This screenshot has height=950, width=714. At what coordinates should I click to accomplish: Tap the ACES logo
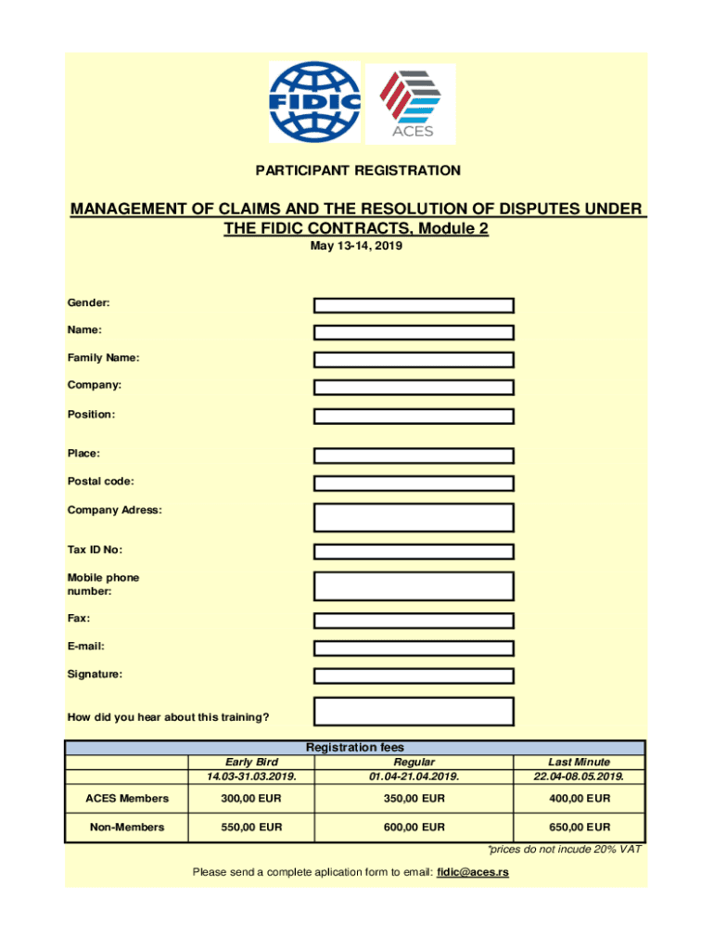pos(412,104)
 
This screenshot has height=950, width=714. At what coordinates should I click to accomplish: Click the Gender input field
pos(414,305)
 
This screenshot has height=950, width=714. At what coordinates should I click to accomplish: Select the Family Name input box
pos(414,360)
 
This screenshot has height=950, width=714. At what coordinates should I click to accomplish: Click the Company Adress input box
pos(414,517)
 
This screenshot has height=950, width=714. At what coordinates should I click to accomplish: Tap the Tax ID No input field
pos(414,552)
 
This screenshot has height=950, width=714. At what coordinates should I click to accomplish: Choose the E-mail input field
pos(414,648)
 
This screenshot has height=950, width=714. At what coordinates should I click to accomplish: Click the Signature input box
pos(414,676)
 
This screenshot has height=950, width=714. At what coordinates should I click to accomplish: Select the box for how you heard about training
pos(414,711)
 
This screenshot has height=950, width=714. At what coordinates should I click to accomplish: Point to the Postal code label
pos(100,481)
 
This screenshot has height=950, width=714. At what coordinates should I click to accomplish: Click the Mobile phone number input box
pos(414,585)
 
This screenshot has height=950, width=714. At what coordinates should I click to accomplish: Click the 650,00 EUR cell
pos(579,827)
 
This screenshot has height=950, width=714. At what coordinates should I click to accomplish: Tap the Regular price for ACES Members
pos(414,798)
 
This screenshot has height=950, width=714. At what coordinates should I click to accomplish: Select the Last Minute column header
pos(579,762)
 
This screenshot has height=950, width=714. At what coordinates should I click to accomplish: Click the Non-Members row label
pos(126,827)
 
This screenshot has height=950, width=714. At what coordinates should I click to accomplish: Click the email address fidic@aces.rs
pos(472,872)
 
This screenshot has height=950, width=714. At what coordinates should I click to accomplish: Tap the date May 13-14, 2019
pos(357,247)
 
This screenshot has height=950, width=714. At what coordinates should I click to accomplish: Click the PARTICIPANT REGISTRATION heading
pos(357,171)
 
